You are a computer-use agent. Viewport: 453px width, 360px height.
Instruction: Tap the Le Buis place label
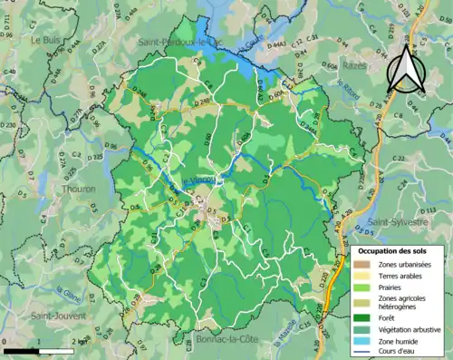(45, 41)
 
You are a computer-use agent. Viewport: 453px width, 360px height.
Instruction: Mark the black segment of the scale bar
(18, 349)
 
